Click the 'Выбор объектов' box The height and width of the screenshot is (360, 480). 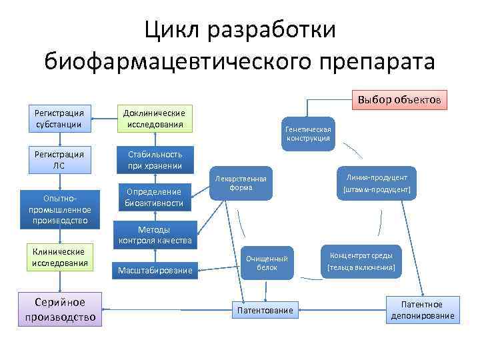399,100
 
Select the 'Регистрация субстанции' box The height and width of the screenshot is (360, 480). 59,118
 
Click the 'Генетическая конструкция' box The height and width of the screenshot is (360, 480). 307,133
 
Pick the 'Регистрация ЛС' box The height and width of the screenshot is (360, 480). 59,159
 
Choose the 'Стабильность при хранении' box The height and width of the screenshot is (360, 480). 155,159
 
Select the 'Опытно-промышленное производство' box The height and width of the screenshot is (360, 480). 60,209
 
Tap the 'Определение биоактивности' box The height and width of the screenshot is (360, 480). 155,197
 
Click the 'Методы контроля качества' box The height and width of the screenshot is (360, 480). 155,235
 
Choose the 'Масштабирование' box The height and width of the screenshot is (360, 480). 155,270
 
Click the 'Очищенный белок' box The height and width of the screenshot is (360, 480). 267,263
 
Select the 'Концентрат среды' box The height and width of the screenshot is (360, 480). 361,261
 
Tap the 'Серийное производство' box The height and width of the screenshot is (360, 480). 60,309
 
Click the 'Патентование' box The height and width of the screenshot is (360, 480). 265,310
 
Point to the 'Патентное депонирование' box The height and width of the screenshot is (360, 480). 423,310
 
